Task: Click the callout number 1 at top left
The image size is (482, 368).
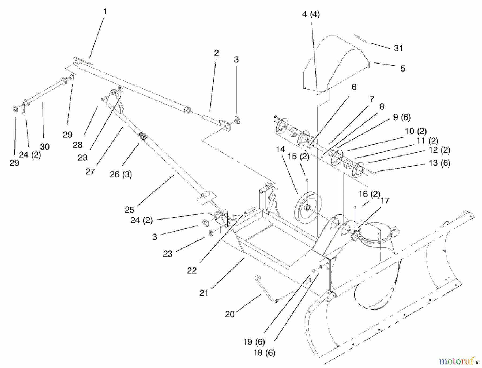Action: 105,12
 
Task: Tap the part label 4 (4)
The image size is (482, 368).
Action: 311,14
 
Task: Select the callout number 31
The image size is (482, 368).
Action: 398,48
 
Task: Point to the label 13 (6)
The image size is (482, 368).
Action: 439,163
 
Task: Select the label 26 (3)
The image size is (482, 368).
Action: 121,174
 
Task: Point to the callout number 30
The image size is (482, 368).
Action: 45,147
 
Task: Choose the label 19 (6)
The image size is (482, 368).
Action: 254,342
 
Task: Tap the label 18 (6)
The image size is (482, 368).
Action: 264,353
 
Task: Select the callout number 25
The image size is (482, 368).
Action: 129,210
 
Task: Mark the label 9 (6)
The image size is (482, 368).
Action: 402,117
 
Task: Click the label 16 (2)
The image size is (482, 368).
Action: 369,194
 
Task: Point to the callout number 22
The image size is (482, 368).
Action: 192,270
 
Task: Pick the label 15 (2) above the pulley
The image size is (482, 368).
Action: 298,157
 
